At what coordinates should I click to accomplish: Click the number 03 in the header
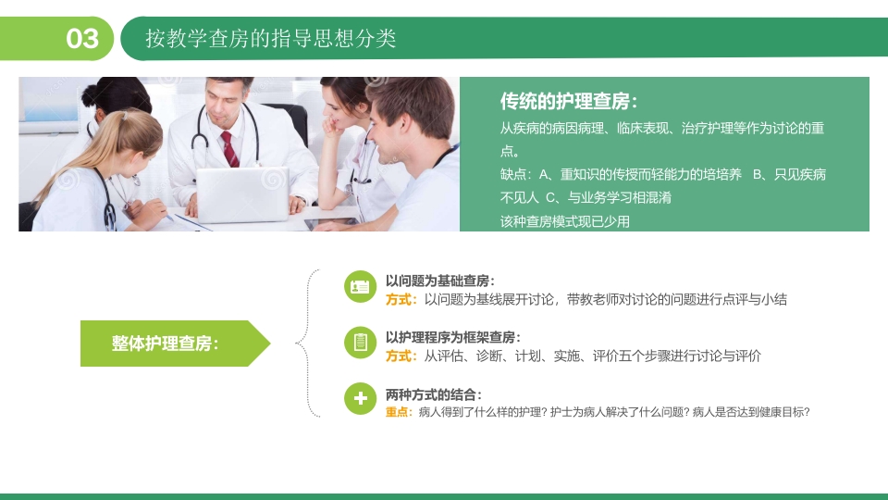82,39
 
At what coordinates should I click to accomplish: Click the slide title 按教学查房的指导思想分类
271,39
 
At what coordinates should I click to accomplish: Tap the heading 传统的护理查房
568,102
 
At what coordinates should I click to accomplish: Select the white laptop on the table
242,194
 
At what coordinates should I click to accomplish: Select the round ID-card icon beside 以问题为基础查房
360,287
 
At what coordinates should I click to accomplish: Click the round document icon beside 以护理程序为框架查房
360,343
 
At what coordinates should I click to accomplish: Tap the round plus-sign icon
360,399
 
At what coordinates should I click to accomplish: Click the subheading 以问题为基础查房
439,281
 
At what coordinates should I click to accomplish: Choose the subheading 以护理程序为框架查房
452,338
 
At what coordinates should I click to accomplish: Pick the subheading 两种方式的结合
433,394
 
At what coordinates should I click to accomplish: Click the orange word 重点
399,412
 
